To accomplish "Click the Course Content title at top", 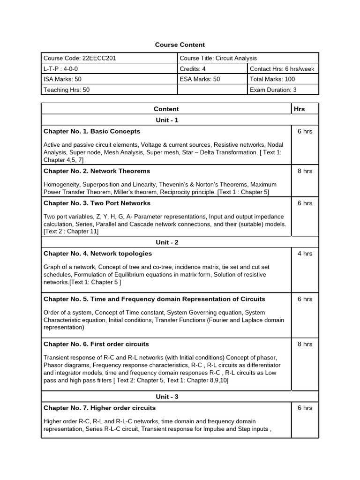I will pos(180,45).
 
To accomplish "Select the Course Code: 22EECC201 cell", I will pos(80,58).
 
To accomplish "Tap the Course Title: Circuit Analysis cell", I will pos(218,58).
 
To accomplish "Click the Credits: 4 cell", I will pos(193,69).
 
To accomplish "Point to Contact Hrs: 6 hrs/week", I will pos(282,69).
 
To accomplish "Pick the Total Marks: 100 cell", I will pos(273,79).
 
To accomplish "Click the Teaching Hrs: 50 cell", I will pos(67,90).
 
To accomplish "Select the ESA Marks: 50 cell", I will pos(200,79).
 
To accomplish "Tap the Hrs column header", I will pos(299,109).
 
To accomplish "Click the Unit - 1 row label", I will pos(167,120).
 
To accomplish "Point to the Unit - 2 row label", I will pos(167,242).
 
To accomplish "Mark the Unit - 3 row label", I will pos(167,397).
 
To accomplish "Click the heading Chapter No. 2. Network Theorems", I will pos(97,171).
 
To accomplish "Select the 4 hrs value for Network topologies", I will pos(305,254).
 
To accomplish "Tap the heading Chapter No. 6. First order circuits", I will pos(96,344).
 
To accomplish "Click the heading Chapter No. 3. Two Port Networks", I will pos(97,203).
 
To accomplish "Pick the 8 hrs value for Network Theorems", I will pos(305,171).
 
